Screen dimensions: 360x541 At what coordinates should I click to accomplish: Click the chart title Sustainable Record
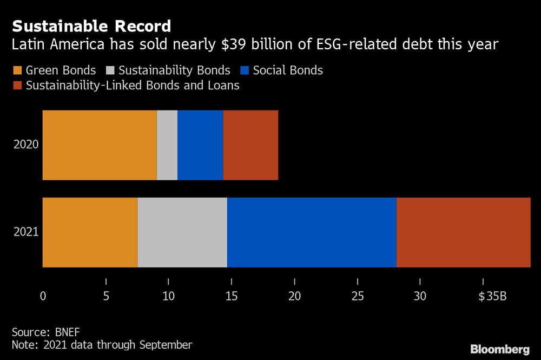91,26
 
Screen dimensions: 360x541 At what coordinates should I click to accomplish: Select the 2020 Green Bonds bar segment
100,145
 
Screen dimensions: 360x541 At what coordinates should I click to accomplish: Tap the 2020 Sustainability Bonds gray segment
167,145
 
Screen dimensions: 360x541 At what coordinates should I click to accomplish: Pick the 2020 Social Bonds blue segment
200,145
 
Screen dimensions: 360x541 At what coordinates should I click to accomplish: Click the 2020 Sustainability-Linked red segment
250,145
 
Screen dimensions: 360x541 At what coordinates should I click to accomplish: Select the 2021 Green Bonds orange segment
90,232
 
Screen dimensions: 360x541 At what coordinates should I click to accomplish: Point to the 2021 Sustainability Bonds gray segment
182,232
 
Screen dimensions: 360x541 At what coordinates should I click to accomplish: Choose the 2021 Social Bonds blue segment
312,232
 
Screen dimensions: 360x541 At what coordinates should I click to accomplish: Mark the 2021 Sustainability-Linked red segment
463,232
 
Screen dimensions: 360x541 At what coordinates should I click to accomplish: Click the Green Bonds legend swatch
16,70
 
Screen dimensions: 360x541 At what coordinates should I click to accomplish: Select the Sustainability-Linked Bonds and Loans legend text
133,86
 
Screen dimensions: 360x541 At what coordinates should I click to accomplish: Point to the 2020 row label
26,145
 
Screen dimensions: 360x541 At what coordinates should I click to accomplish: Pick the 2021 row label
26,232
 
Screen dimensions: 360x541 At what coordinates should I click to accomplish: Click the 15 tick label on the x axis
232,296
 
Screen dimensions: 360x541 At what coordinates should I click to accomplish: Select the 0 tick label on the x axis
43,296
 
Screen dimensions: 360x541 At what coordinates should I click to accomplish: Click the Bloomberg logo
500,349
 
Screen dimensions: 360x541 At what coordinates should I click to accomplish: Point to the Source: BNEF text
45,332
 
